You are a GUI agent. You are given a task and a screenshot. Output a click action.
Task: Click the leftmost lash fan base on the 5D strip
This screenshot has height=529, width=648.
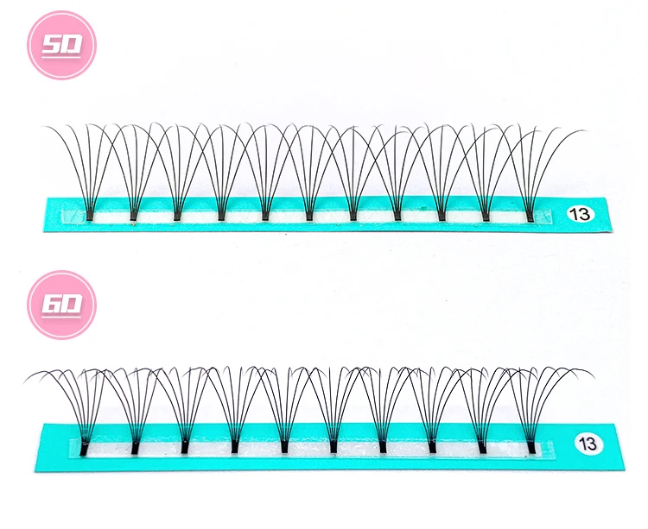[x=90, y=212]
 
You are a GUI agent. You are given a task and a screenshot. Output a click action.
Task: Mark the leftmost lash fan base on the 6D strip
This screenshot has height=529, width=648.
[x=85, y=446]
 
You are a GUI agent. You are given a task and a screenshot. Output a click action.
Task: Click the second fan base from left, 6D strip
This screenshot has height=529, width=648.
[x=135, y=446]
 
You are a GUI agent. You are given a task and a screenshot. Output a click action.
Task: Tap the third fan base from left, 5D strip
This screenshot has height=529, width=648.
[x=178, y=212]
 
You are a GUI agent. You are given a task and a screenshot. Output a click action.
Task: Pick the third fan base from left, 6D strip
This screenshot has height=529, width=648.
[x=185, y=446]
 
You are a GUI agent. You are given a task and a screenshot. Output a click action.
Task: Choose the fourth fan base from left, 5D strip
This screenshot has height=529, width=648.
[x=221, y=212]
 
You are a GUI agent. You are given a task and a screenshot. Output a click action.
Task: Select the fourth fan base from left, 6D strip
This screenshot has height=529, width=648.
[x=234, y=446]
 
